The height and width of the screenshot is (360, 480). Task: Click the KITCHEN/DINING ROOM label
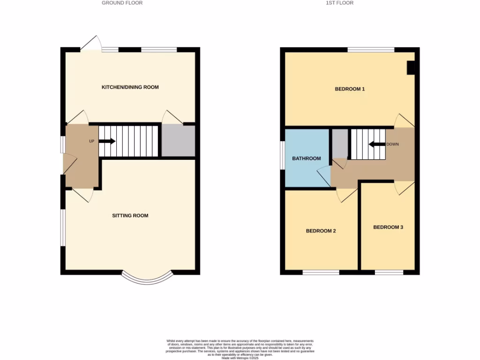pos(130,87)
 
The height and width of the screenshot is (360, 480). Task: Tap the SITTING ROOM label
pos(130,216)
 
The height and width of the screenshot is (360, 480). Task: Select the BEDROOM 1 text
pos(350,89)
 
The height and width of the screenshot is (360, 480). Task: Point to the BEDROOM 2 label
pos(321,231)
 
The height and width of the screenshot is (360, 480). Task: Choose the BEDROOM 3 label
pos(388,227)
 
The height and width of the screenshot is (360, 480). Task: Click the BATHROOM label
pos(307,158)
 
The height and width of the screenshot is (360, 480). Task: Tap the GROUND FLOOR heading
pos(122,3)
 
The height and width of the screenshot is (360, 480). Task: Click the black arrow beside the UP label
pos(107,141)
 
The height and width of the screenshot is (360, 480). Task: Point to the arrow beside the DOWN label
pos(376,144)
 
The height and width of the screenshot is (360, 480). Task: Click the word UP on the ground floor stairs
pos(92,141)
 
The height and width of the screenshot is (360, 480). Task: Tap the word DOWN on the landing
pos(392,144)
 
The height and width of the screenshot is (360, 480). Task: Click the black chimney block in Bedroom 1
pos(411,68)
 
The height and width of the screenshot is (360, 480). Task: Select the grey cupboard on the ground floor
pos(178,141)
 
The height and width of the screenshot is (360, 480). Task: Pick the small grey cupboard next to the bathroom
pos(340,143)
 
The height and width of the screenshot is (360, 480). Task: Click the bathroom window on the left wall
pos(282,155)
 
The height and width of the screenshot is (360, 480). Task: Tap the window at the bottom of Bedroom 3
pos(389,272)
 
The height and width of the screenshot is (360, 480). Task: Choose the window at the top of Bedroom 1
pos(371,49)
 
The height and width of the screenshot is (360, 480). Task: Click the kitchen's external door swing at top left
pos(91,43)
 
